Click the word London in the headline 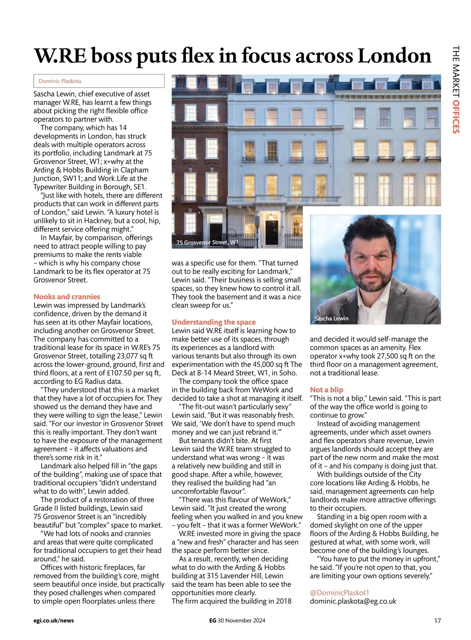[394, 56]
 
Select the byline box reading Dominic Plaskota [99, 81]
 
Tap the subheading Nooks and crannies [67, 297]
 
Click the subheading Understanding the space [214, 322]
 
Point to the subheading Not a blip [327, 390]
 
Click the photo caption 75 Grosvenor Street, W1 [207, 242]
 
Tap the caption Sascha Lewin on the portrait [332, 318]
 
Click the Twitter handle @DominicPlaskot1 [340, 593]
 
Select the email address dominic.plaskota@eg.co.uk [353, 601]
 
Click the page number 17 [437, 621]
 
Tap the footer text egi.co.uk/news [54, 621]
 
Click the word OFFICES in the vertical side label [456, 117]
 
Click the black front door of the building [271, 232]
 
